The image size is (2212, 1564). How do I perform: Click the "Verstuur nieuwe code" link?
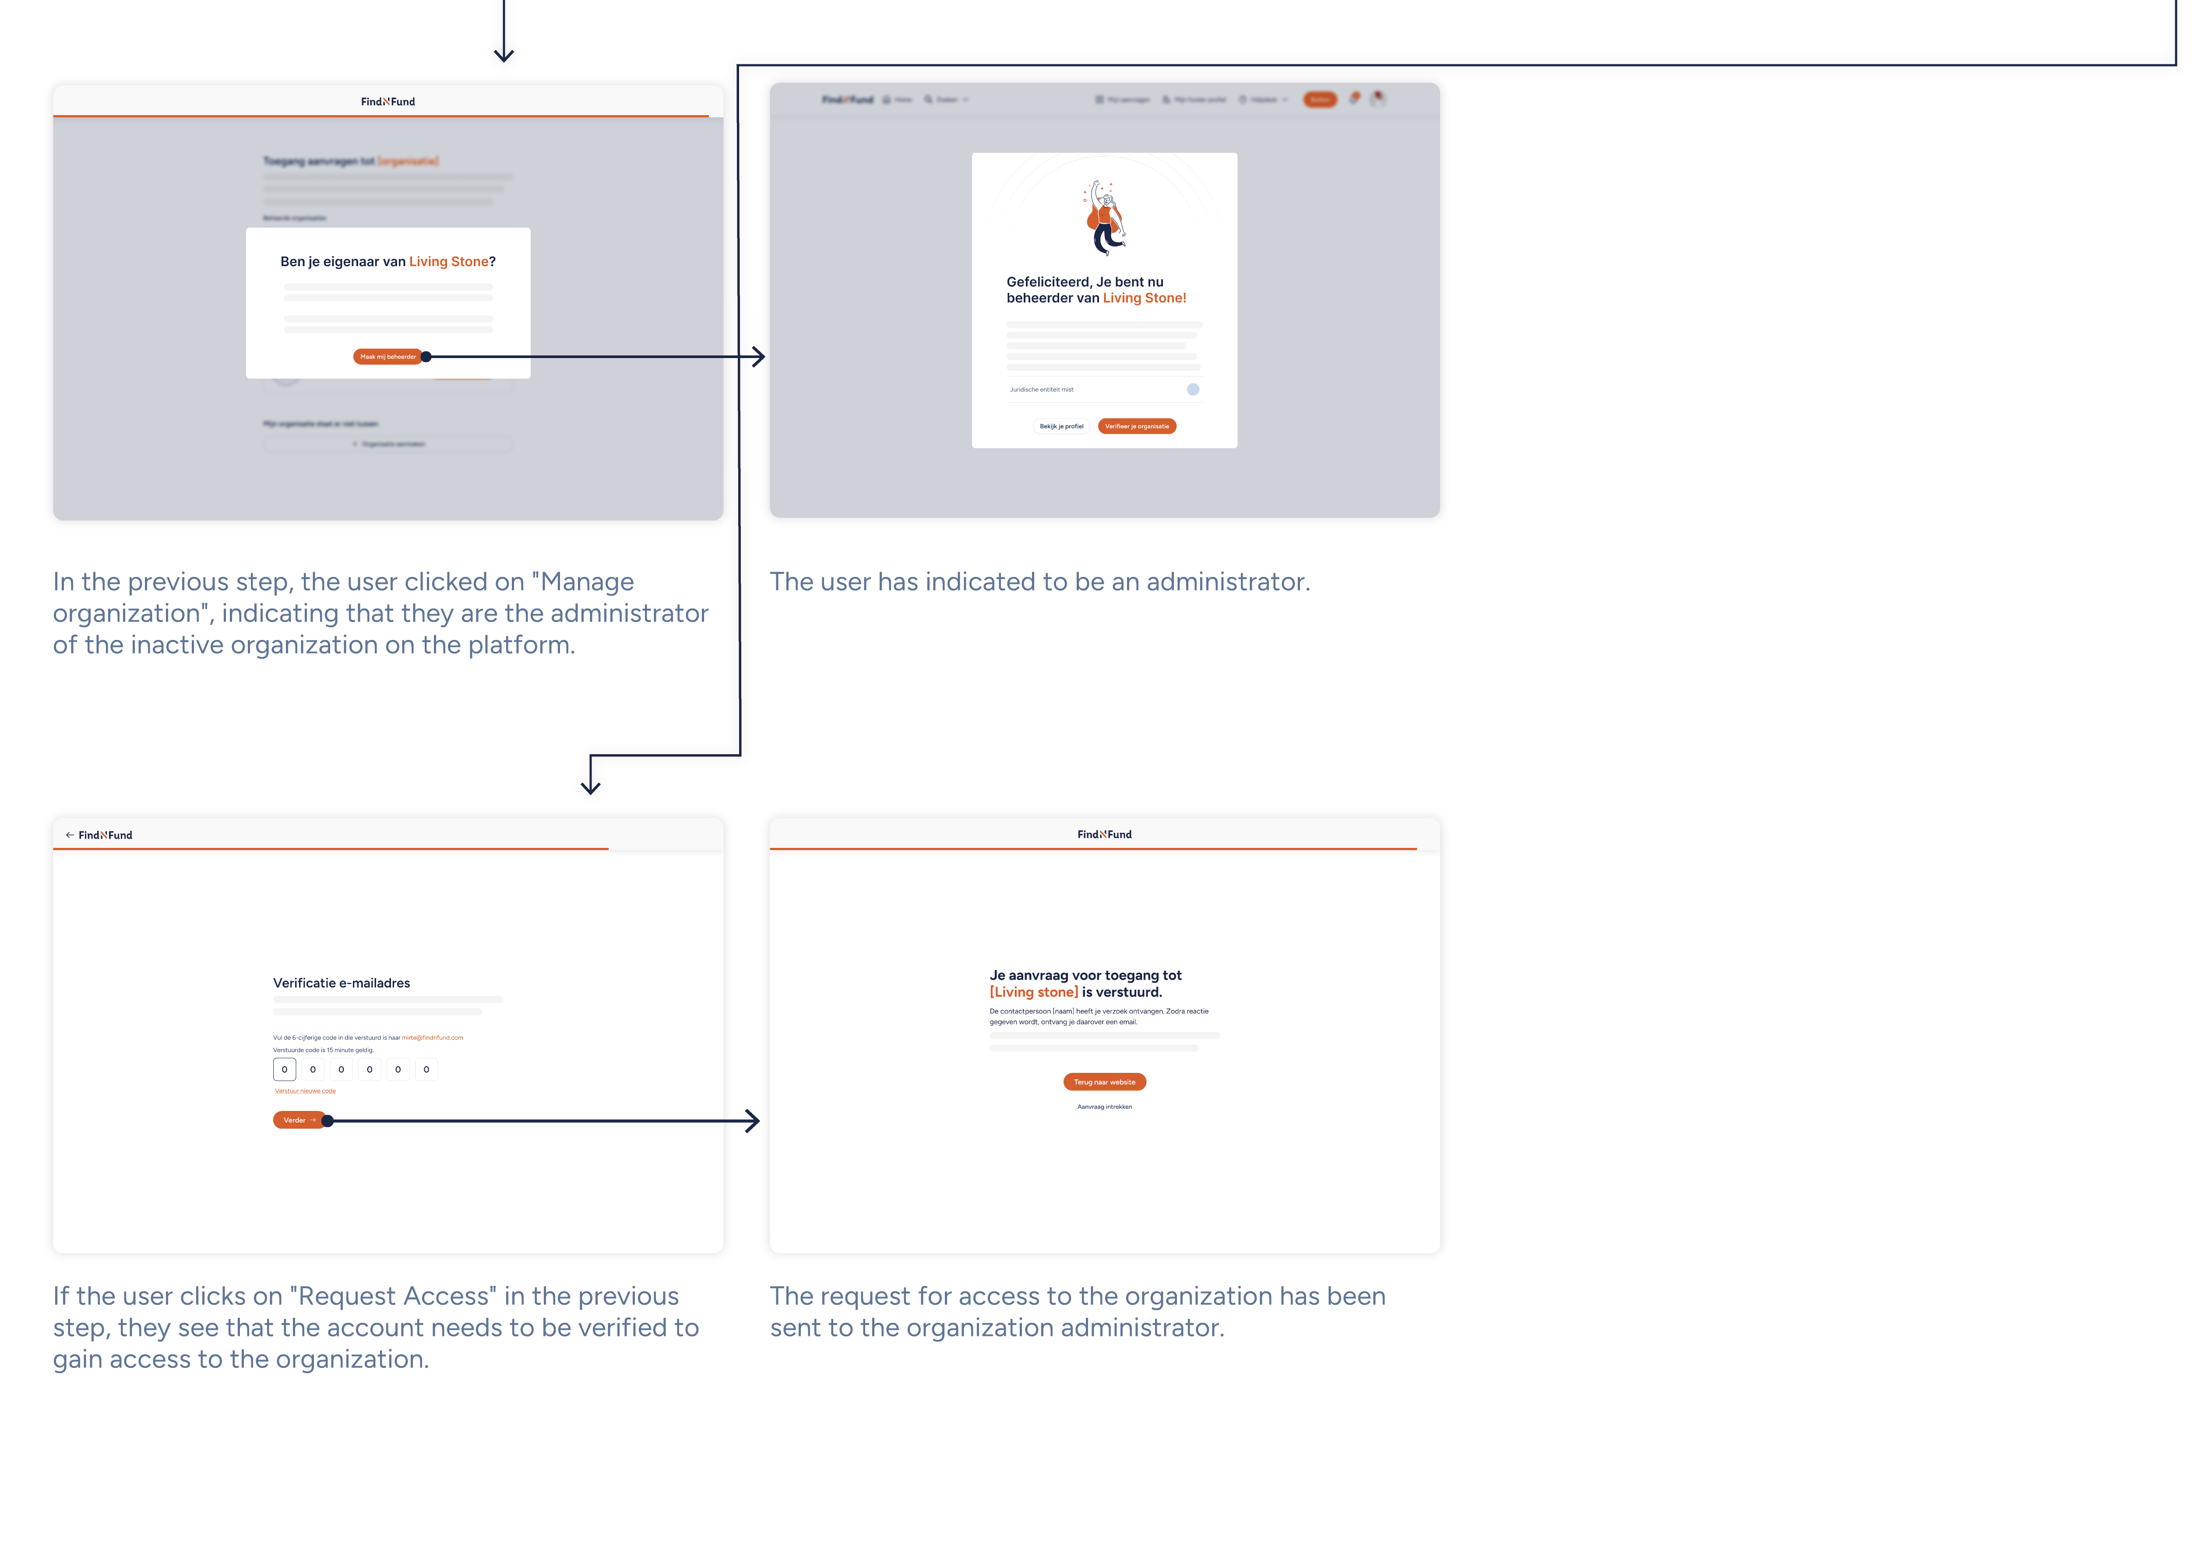pos(306,1091)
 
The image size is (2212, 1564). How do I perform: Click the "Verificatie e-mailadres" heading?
pos(341,983)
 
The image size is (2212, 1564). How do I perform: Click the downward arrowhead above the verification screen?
pos(591,788)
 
